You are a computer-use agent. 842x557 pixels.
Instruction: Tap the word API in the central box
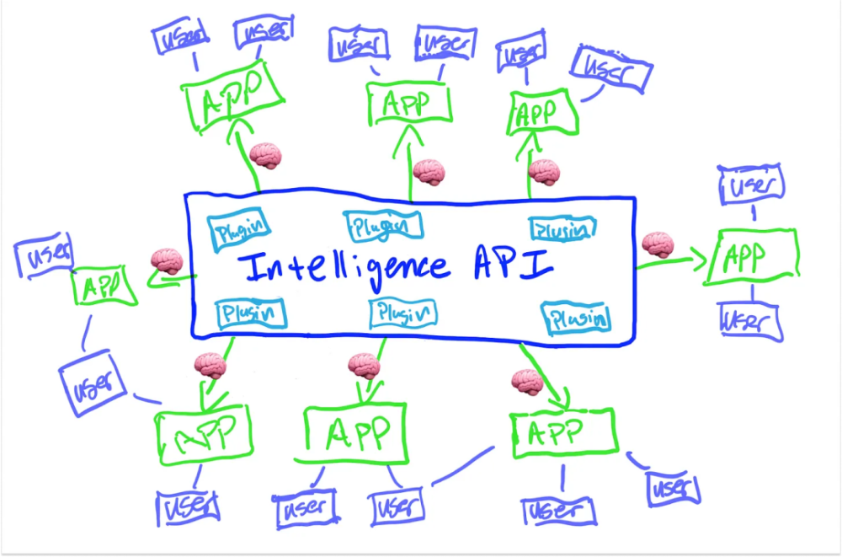click(x=514, y=265)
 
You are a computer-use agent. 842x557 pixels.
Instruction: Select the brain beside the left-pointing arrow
click(x=167, y=262)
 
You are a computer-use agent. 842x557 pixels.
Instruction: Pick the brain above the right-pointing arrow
click(x=658, y=245)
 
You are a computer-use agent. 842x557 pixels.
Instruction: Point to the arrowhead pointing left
click(x=156, y=276)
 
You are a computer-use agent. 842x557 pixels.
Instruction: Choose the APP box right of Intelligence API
click(x=753, y=257)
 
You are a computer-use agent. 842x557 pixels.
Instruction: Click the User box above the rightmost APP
click(x=752, y=184)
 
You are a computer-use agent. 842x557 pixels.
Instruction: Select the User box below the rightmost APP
click(x=751, y=322)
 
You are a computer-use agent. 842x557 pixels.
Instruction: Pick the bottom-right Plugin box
click(x=577, y=319)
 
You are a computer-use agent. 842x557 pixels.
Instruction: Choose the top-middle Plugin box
click(x=382, y=226)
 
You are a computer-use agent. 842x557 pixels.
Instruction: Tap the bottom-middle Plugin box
click(x=402, y=313)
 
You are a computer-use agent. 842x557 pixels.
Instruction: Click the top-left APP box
click(x=233, y=96)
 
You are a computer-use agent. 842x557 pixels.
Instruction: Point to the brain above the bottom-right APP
click(x=527, y=383)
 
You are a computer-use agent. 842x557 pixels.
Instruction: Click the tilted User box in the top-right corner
click(x=611, y=70)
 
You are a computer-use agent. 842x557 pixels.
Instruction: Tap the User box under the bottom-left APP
click(x=188, y=507)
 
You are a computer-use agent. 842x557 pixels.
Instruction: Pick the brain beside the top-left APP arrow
click(x=265, y=156)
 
